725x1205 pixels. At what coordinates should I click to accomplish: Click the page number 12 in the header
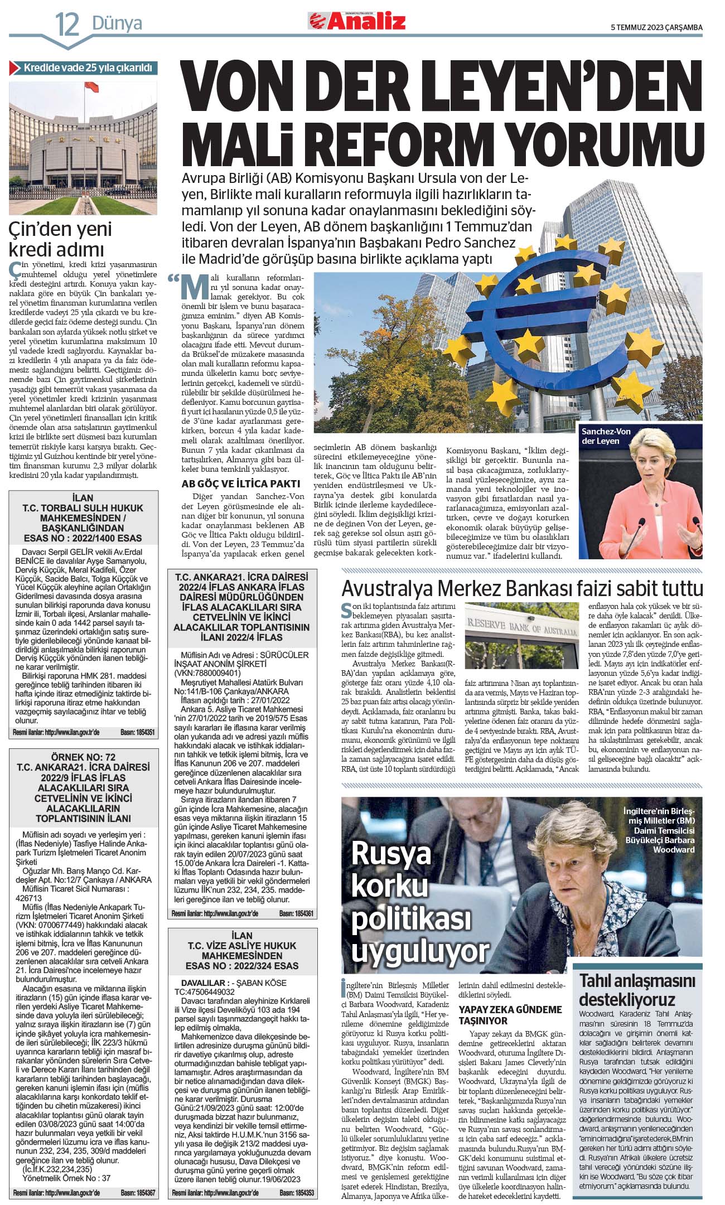[x=67, y=24]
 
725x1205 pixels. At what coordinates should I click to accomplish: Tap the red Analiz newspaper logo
[x=357, y=22]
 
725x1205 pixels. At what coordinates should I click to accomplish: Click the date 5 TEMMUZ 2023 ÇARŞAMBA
[x=656, y=27]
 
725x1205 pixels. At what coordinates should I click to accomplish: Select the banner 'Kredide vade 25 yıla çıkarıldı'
[x=83, y=68]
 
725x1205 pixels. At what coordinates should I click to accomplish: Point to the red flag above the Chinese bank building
[x=91, y=86]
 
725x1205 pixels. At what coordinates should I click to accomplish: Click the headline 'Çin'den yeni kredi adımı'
[x=60, y=239]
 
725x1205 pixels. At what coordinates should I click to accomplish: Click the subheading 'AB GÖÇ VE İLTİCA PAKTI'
[x=240, y=483]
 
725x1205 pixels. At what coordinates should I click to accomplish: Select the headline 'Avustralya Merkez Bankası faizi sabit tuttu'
[x=521, y=588]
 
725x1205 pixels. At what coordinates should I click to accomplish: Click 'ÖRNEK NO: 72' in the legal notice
[x=83, y=757]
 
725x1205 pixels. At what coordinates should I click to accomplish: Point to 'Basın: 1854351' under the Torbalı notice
[x=137, y=732]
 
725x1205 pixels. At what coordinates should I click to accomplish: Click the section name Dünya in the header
[x=117, y=23]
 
